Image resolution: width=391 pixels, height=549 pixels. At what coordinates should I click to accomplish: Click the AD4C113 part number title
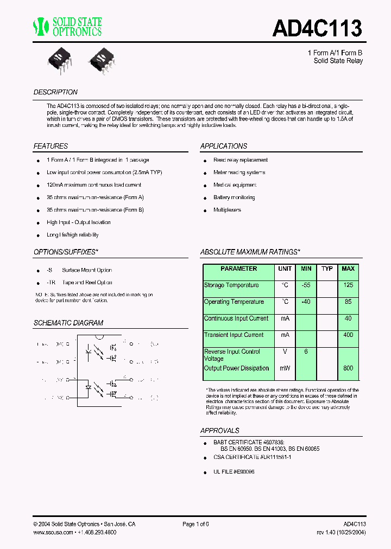tap(317, 28)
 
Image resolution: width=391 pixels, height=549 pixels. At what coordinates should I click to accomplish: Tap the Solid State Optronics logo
tap(67, 26)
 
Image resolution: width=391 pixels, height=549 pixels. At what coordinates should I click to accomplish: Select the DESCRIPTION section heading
tap(55, 92)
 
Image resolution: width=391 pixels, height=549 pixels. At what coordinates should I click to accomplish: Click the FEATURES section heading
tap(51, 146)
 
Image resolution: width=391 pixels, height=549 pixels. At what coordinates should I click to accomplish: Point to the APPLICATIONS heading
tap(223, 146)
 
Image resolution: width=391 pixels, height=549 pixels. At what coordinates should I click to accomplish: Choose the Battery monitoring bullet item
tap(234, 197)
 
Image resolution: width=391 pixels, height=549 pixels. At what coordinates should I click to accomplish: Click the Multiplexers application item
tap(227, 210)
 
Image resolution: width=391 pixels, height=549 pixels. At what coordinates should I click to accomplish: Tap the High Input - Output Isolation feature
tap(78, 222)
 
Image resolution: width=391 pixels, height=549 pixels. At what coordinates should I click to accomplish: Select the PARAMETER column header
tap(238, 269)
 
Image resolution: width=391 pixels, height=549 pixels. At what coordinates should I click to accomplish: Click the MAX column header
tap(348, 269)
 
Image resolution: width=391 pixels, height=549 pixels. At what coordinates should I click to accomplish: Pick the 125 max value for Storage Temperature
tap(348, 285)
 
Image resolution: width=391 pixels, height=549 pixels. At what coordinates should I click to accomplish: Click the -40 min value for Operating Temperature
tap(306, 302)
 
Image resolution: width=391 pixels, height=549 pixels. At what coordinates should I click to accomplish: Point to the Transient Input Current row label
tap(234, 335)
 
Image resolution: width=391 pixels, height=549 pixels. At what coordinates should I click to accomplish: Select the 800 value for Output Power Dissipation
tap(348, 368)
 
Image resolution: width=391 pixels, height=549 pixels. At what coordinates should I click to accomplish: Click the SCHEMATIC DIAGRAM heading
tap(68, 323)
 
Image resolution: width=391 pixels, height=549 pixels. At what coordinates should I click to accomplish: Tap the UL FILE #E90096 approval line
tap(234, 472)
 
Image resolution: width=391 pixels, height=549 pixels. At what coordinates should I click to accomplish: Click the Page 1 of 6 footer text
tap(195, 524)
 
